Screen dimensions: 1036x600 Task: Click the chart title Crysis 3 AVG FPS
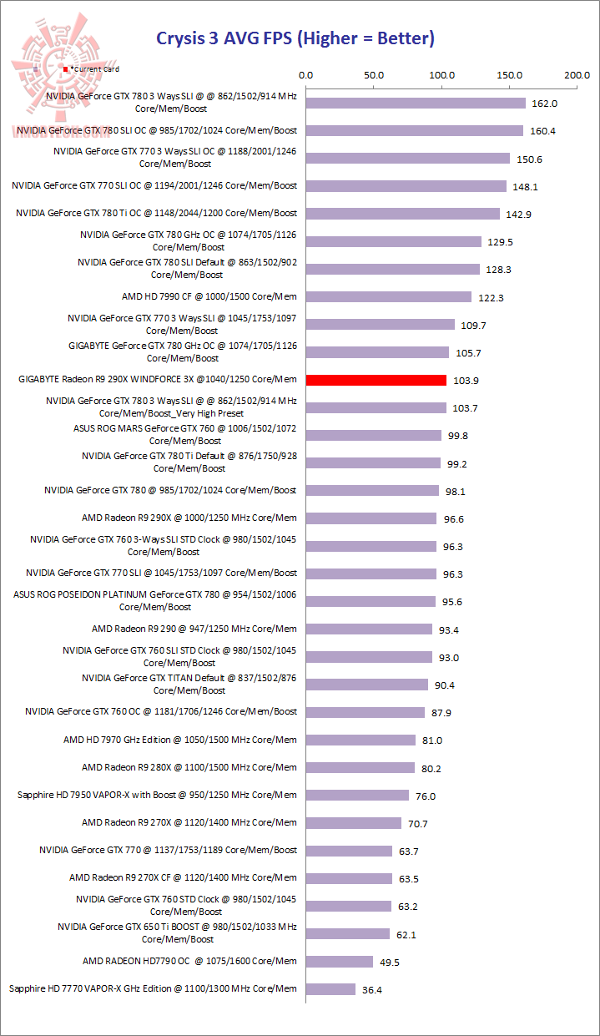(295, 38)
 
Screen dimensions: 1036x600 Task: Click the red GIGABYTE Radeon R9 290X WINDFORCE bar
(376, 380)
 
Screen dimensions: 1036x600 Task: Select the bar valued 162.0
(416, 103)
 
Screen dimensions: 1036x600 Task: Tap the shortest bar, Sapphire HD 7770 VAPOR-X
(330, 988)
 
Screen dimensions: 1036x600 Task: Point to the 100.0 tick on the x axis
(441, 75)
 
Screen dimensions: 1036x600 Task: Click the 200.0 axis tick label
(577, 75)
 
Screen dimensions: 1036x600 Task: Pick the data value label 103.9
(466, 381)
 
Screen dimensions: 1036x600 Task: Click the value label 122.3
(491, 297)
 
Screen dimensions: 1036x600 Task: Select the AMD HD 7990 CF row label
(209, 296)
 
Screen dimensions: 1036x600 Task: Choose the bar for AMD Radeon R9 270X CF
(349, 878)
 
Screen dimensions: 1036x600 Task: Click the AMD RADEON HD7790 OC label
(189, 961)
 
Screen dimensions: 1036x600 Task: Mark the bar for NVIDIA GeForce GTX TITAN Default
(367, 685)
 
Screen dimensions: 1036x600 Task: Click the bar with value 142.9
(403, 214)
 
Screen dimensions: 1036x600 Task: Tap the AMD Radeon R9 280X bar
(361, 767)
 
